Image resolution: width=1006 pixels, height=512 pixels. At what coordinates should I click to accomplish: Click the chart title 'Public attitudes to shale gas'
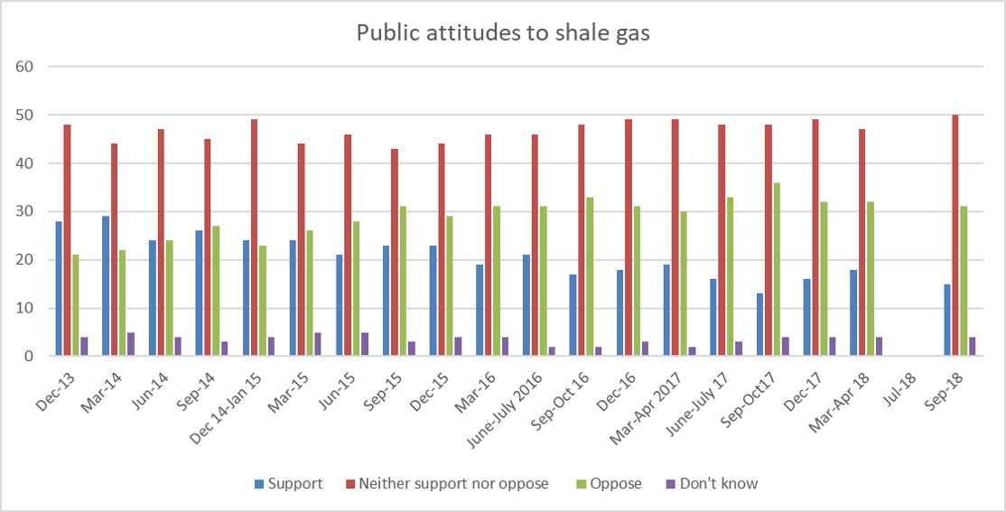[x=503, y=33]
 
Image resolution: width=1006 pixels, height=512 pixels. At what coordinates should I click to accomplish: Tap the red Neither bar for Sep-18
[x=955, y=236]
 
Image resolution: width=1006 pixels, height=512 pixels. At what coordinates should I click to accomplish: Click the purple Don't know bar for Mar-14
[x=131, y=344]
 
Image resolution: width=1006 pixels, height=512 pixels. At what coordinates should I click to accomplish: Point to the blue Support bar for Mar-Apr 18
[x=854, y=312]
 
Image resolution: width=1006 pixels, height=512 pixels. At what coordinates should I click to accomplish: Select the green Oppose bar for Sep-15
[x=403, y=282]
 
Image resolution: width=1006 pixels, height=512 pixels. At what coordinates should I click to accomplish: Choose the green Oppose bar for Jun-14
[x=169, y=299]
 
